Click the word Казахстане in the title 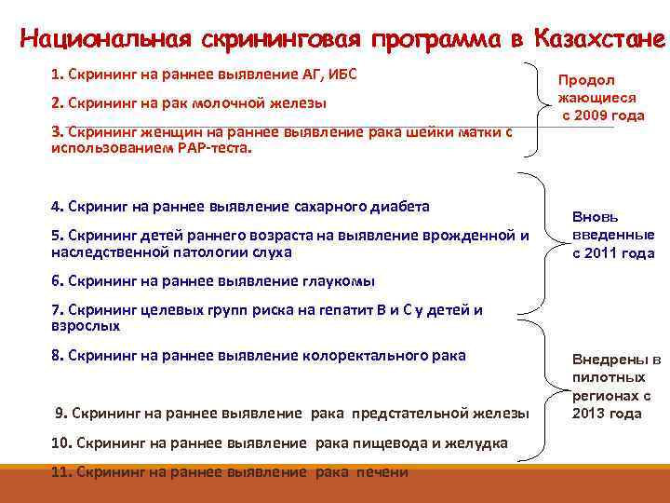[599, 40]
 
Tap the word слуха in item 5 [272, 251]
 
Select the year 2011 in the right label [599, 253]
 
